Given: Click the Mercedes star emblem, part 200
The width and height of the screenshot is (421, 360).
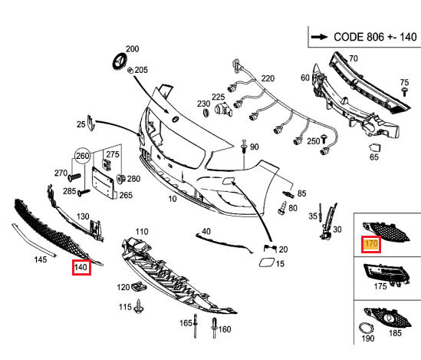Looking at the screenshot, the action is (x=120, y=61).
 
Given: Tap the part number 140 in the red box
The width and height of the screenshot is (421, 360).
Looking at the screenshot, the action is (x=81, y=267).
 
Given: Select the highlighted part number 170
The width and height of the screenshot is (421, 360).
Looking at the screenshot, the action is (x=371, y=244).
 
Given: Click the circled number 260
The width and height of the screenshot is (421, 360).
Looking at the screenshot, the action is (x=82, y=156).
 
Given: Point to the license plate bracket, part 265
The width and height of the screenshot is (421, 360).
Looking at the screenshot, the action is (x=104, y=183).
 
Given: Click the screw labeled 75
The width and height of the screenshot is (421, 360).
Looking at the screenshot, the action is (x=404, y=91).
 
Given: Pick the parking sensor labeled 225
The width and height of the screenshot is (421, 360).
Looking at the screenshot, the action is (x=223, y=110).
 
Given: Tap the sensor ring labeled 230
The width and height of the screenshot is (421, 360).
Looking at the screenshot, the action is (x=206, y=113).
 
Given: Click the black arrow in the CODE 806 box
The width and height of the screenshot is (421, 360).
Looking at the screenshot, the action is (x=319, y=37).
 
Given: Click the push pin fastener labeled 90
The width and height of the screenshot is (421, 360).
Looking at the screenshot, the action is (x=244, y=147).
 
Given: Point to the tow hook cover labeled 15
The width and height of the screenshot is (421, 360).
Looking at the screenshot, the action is (x=266, y=263).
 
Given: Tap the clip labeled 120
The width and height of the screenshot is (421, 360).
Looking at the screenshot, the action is (x=139, y=286).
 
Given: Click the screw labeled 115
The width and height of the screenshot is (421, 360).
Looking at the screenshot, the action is (x=139, y=306).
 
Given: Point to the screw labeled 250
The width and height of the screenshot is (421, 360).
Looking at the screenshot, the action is (x=324, y=138).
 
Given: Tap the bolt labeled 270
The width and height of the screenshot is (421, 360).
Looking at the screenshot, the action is (x=74, y=177).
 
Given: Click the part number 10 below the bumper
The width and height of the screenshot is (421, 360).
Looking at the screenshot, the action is (x=173, y=199).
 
